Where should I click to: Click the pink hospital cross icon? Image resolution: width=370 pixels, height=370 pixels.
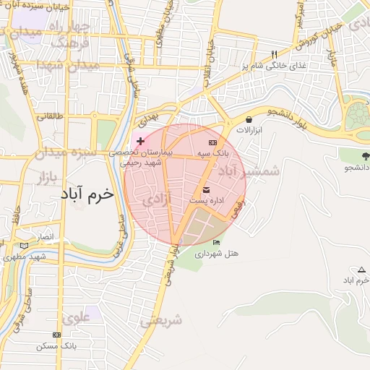coord(140,139)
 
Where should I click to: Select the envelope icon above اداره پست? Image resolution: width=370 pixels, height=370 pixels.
coord(207,189)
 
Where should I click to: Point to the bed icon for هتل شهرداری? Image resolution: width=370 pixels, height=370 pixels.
coord(216,242)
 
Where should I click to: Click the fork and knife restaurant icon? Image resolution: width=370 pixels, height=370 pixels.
coord(274,55)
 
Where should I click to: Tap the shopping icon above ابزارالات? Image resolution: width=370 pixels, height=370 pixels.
coord(249,120)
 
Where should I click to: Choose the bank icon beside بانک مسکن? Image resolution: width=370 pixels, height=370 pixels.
coord(56,335)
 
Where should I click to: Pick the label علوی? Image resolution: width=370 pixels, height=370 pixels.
coord(76,316)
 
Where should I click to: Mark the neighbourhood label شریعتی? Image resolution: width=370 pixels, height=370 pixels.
coord(161,319)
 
